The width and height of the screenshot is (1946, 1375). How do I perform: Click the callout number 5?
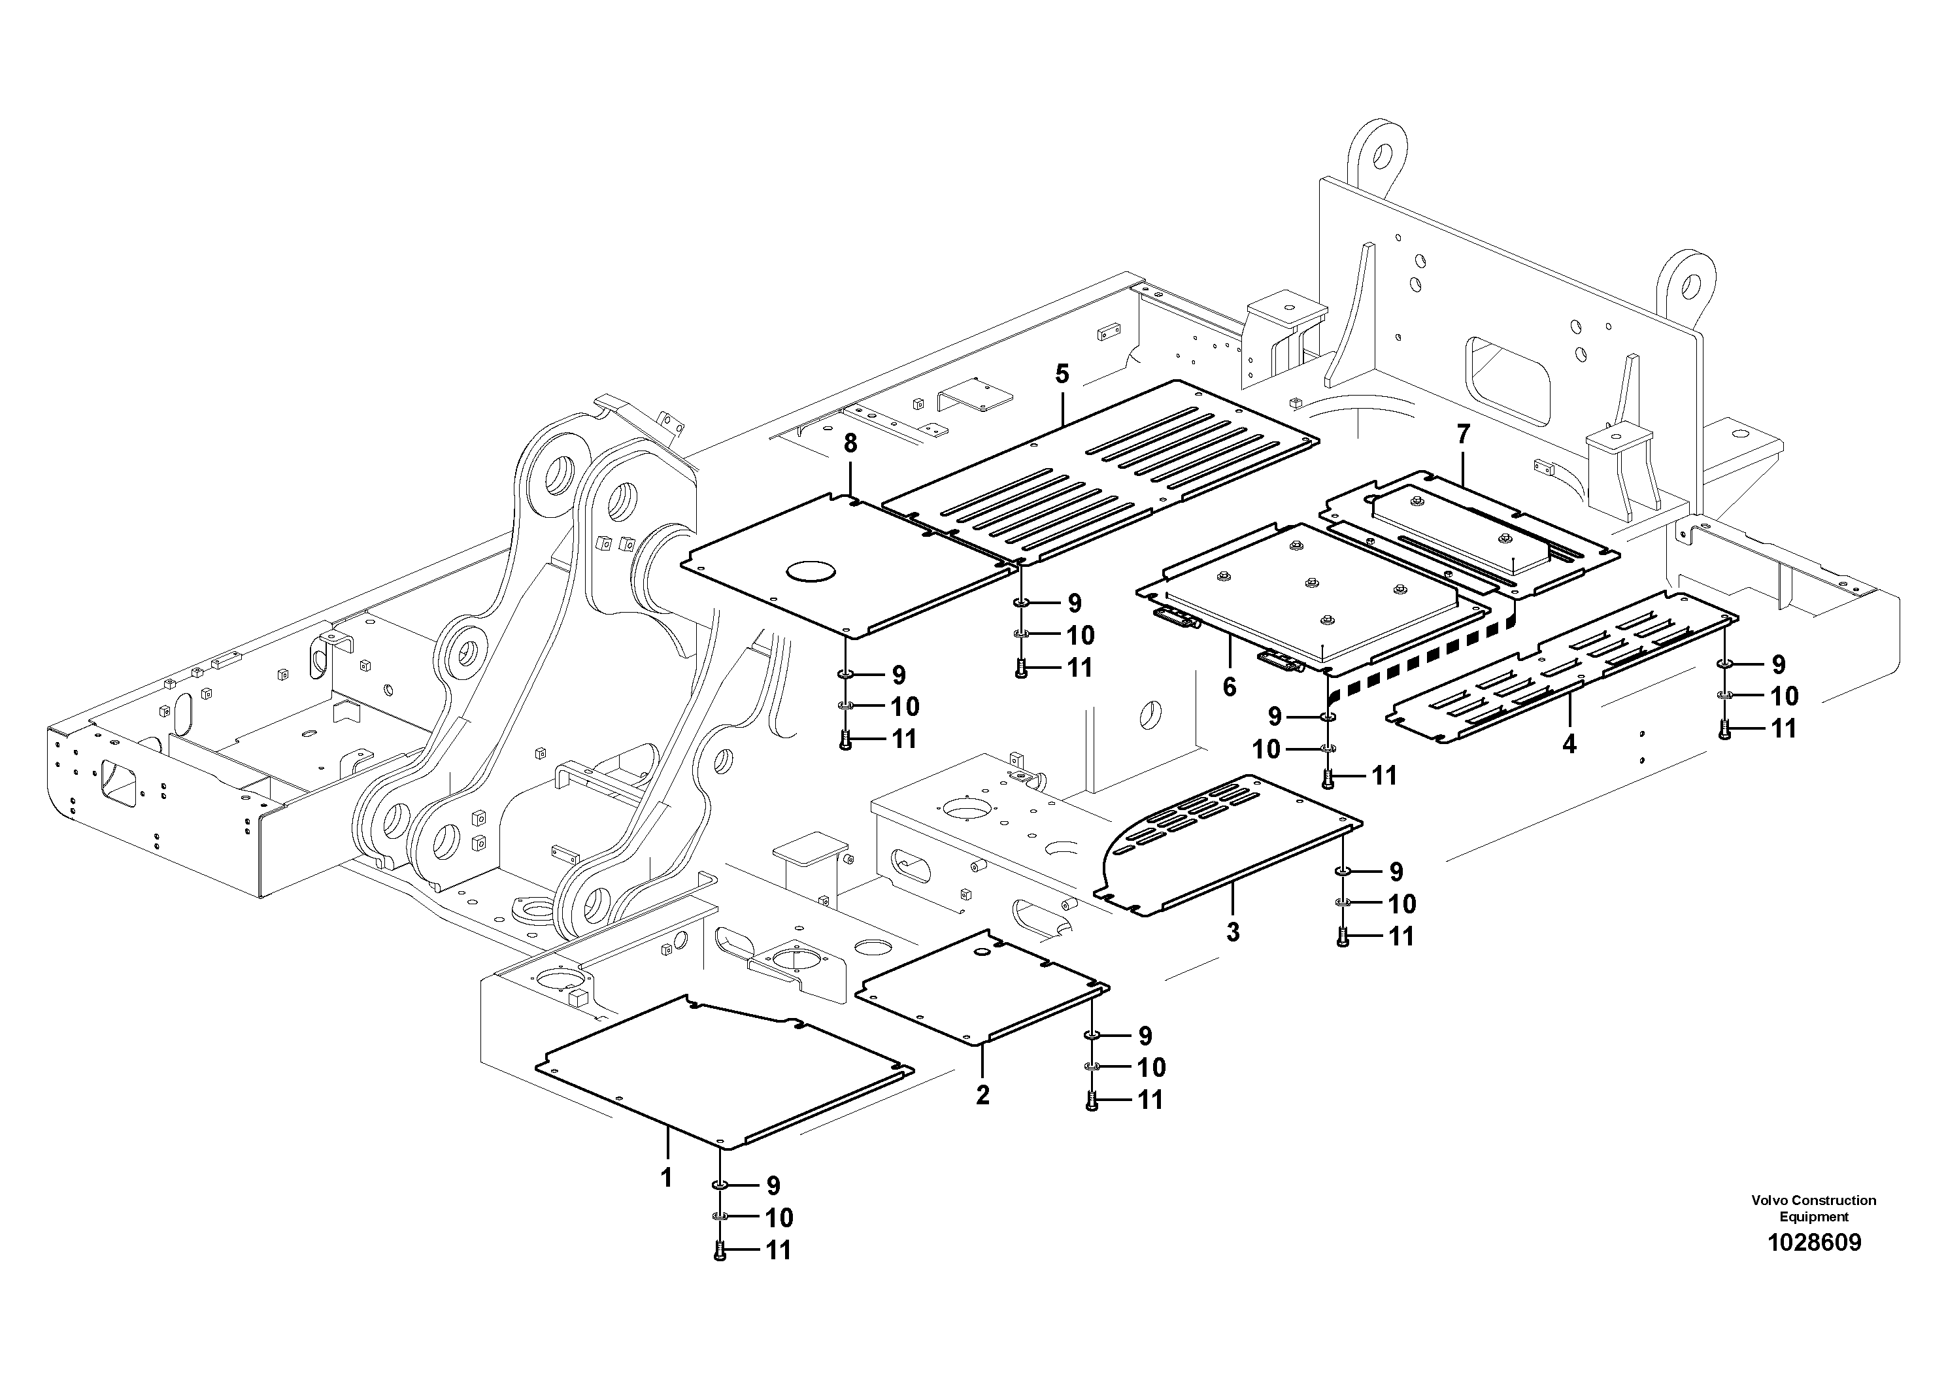[1062, 374]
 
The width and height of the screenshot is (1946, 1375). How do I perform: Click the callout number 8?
[850, 443]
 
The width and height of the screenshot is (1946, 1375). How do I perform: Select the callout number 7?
[1463, 434]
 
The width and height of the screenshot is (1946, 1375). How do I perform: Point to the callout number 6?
[1230, 686]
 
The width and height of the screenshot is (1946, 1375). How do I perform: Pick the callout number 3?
[1233, 932]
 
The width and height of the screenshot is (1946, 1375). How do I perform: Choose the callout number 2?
[982, 1095]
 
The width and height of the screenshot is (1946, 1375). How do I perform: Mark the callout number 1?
[666, 1178]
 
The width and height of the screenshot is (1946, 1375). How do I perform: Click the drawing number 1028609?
[1814, 1244]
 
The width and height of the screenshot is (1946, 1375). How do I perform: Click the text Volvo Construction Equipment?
[1814, 1208]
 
